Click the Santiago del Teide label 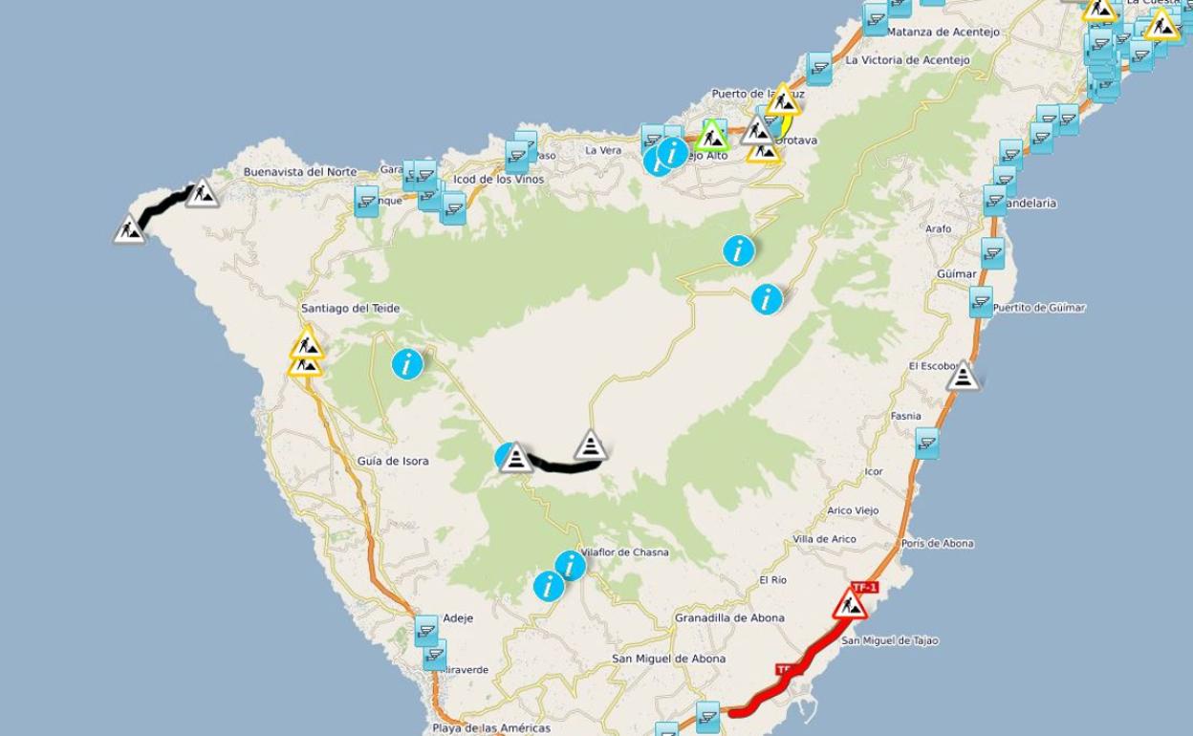pyautogui.click(x=350, y=309)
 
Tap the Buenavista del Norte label pyautogui.click(x=299, y=172)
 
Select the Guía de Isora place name pyautogui.click(x=393, y=461)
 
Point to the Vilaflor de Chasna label pyautogui.click(x=625, y=552)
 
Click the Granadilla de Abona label pyautogui.click(x=729, y=617)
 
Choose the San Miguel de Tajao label pyautogui.click(x=889, y=640)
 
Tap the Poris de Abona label pyautogui.click(x=937, y=543)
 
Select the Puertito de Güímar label pyautogui.click(x=1039, y=308)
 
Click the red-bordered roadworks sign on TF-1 pyautogui.click(x=849, y=605)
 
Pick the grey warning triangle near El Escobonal pyautogui.click(x=963, y=376)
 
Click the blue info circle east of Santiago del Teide pyautogui.click(x=407, y=364)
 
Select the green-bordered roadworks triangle pyautogui.click(x=711, y=136)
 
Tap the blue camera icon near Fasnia pyautogui.click(x=925, y=443)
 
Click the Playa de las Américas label pyautogui.click(x=491, y=728)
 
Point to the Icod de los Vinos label pyautogui.click(x=498, y=180)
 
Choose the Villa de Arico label pyautogui.click(x=824, y=539)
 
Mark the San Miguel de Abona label pyautogui.click(x=668, y=659)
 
